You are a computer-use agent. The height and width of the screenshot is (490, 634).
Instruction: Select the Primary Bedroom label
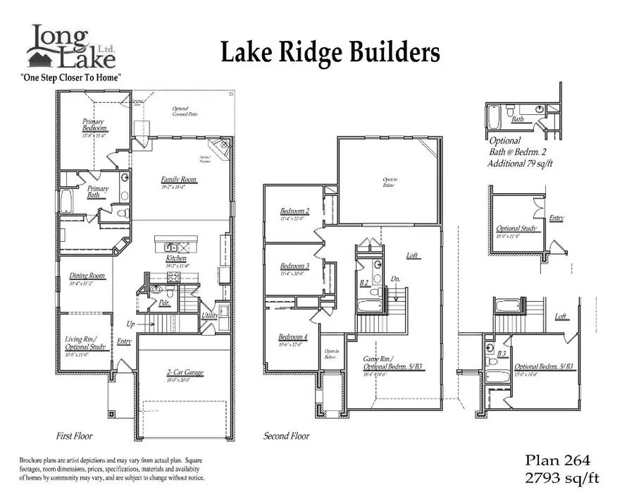[94, 125]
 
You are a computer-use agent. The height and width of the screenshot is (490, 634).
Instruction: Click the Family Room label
[178, 180]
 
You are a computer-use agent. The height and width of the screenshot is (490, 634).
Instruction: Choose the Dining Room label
[87, 276]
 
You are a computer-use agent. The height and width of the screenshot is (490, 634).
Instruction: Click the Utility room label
[210, 315]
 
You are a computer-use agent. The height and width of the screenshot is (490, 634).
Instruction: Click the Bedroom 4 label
[292, 337]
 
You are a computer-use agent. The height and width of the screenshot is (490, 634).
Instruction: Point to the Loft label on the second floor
[413, 255]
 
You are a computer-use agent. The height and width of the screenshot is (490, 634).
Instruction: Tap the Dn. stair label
[396, 279]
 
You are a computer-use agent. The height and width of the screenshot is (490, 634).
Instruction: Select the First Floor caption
[74, 436]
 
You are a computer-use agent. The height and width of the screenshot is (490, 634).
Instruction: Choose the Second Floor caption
[287, 436]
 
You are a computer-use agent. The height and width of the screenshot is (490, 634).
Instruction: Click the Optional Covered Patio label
[185, 112]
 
